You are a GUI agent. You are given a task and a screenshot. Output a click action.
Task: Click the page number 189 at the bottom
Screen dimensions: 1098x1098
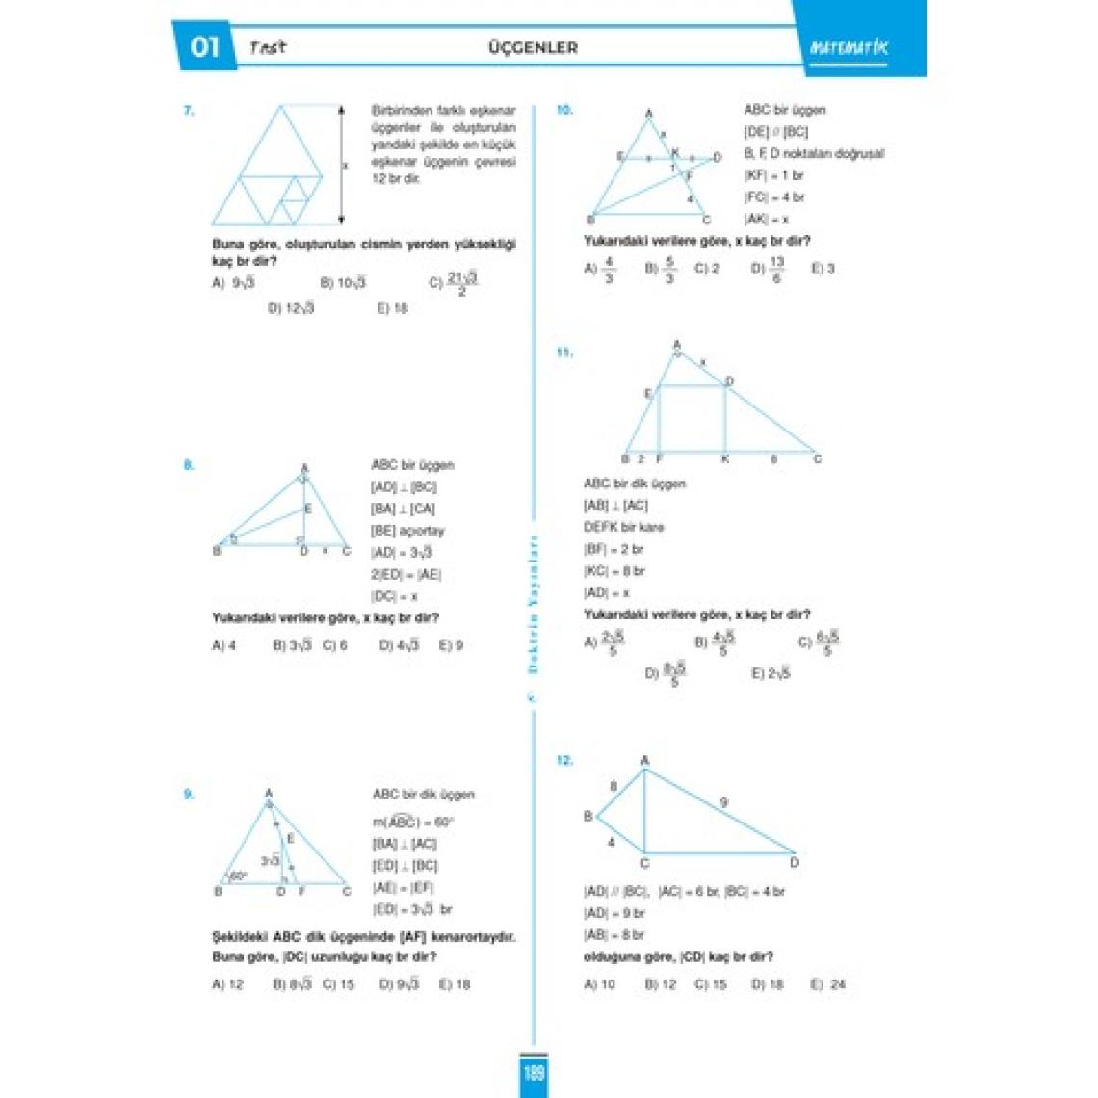(535, 1073)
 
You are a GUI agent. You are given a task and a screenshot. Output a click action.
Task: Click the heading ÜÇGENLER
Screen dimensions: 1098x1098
(533, 47)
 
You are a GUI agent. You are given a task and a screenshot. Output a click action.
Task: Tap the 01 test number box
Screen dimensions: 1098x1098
(205, 47)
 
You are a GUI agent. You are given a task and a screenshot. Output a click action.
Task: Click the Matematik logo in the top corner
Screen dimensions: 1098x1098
(849, 48)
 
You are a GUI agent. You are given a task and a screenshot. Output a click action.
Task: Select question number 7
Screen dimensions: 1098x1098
(189, 111)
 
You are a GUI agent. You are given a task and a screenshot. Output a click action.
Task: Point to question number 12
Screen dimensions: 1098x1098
(564, 760)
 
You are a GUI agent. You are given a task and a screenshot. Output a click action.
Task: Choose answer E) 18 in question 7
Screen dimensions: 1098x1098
(392, 308)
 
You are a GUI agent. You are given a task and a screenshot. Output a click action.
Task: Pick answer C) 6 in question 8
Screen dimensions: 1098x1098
(335, 645)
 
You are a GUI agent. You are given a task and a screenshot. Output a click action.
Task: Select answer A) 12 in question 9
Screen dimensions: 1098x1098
(228, 984)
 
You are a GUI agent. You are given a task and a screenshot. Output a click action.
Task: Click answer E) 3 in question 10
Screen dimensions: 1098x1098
(823, 269)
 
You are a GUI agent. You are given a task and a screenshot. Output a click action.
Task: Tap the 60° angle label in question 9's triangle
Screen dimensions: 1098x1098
(238, 876)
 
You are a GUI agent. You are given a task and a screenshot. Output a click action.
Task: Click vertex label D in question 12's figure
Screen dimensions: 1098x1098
(795, 862)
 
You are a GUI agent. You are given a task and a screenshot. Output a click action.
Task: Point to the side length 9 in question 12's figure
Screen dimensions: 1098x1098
(724, 801)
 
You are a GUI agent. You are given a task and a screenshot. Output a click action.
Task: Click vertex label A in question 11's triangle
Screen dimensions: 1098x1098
(677, 344)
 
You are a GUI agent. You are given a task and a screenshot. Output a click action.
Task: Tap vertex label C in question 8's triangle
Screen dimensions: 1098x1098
(347, 552)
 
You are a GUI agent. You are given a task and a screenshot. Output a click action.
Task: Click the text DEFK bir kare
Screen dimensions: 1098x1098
(623, 527)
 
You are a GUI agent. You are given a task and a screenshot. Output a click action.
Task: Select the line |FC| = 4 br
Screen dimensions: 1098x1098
(773, 197)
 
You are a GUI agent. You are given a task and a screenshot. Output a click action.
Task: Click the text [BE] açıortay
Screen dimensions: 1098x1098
(407, 531)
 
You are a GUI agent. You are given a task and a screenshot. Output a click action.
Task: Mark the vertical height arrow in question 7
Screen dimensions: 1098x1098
(340, 164)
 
